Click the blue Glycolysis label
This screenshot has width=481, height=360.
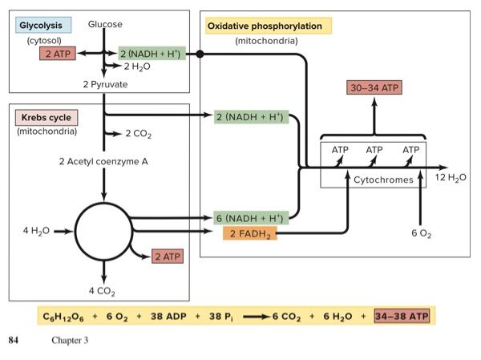(x=42, y=26)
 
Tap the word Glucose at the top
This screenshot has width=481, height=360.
(x=106, y=25)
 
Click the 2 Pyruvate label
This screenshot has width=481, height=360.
(x=105, y=83)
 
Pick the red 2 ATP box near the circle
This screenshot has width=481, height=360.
(x=168, y=257)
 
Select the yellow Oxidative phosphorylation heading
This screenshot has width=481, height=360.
(x=265, y=26)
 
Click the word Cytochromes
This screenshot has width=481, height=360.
(x=383, y=180)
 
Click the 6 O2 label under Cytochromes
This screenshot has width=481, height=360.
(x=420, y=233)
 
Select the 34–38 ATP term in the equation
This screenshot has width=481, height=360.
(x=401, y=316)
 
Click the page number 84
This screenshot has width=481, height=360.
(x=13, y=341)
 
